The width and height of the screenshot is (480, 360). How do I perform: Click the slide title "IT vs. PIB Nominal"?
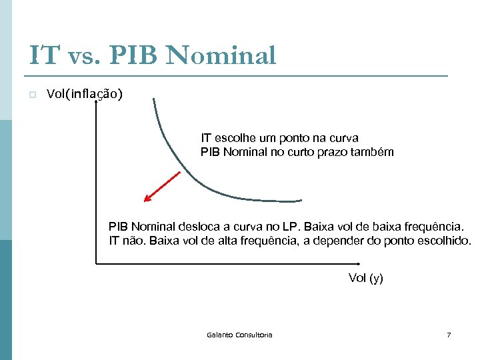tap(152, 55)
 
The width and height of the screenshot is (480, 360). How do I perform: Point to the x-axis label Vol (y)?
tap(365, 278)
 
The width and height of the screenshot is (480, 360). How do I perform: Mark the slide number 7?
tap(449, 335)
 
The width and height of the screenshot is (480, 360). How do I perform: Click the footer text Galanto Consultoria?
tap(239, 335)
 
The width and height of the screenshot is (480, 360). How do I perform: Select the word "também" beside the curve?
tap(374, 152)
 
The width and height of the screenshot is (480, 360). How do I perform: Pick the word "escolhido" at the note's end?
tap(445, 241)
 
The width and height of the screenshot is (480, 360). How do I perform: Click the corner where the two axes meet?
tap(97, 264)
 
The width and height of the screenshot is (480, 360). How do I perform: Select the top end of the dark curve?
tap(154, 100)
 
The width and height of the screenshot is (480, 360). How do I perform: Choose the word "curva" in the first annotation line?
tap(344, 139)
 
